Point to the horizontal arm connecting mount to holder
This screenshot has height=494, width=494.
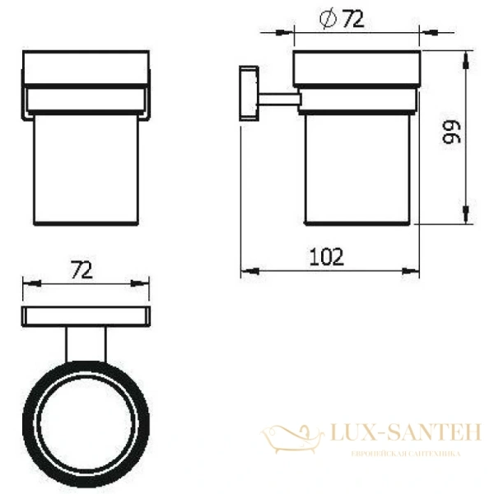(x=278, y=100)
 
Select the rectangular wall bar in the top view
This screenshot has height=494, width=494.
(x=86, y=315)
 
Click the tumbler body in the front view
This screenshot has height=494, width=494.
(x=86, y=169)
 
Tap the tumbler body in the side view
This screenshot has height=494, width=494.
(x=357, y=169)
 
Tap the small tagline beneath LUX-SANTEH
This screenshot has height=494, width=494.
(x=405, y=454)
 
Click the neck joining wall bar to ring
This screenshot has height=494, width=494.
(x=86, y=343)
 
